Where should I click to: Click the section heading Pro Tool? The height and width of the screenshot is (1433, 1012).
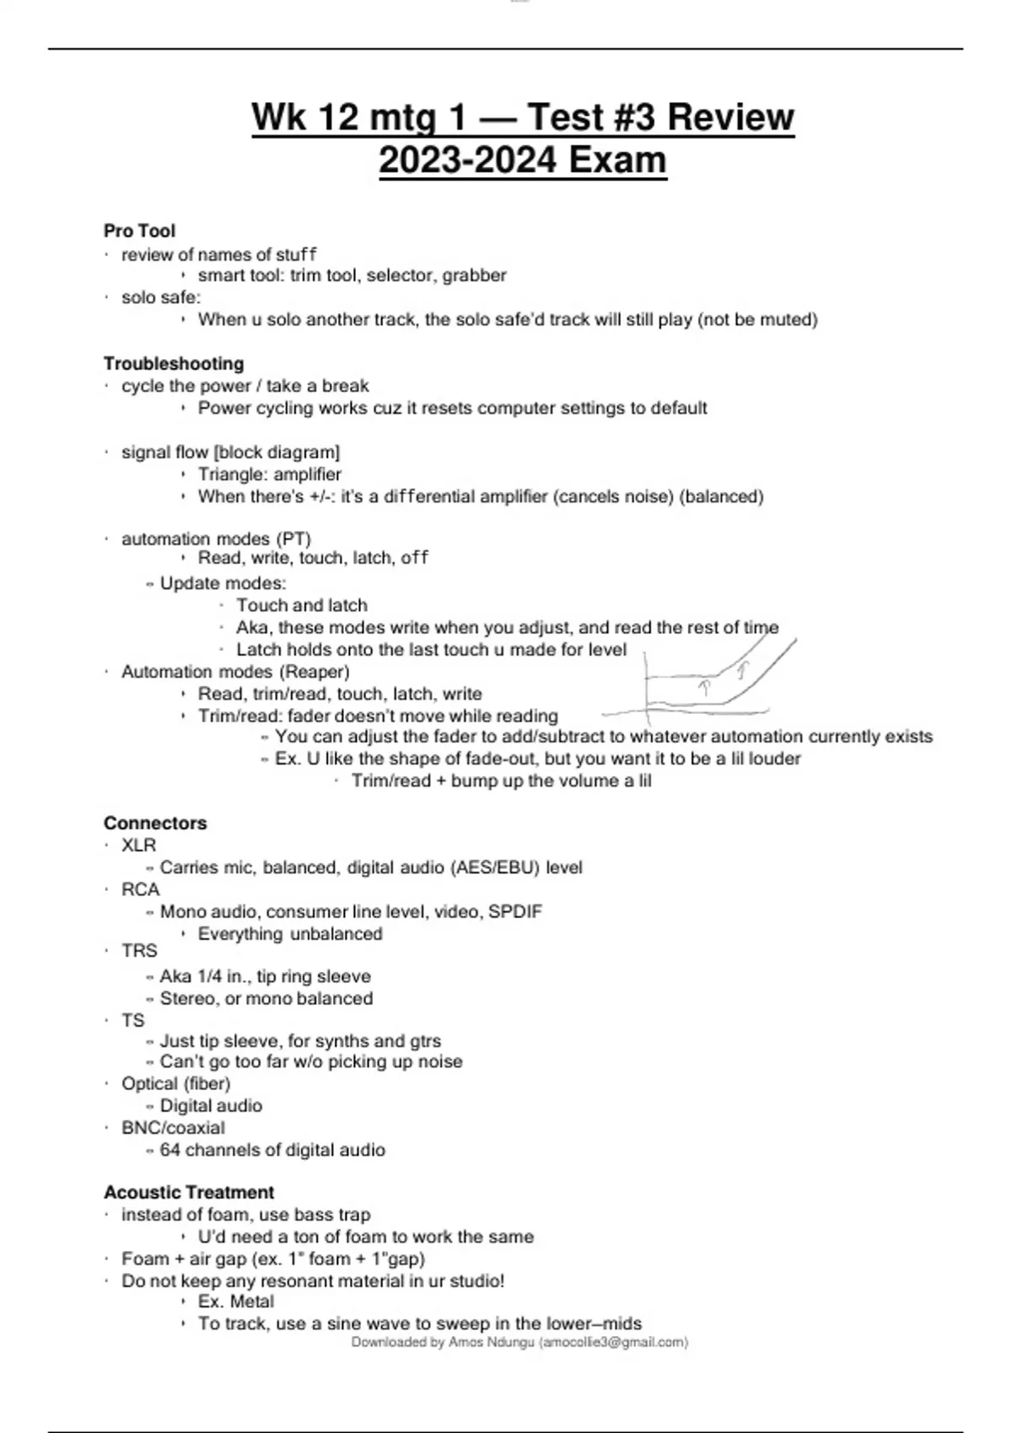139,231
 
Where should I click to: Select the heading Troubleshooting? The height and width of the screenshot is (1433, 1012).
174,363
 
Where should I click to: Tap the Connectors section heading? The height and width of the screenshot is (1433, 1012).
155,823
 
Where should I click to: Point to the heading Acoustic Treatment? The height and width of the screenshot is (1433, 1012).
189,1192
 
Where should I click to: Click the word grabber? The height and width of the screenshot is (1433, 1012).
474,276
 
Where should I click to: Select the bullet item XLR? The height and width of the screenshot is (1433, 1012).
138,845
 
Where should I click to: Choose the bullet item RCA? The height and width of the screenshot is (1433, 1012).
140,889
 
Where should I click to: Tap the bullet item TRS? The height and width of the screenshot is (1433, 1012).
139,951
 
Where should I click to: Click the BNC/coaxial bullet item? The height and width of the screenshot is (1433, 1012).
173,1128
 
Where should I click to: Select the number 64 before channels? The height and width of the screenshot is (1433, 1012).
170,1150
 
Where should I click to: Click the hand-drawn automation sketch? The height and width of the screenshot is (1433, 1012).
717,683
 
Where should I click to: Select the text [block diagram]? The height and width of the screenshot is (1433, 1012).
277,453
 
